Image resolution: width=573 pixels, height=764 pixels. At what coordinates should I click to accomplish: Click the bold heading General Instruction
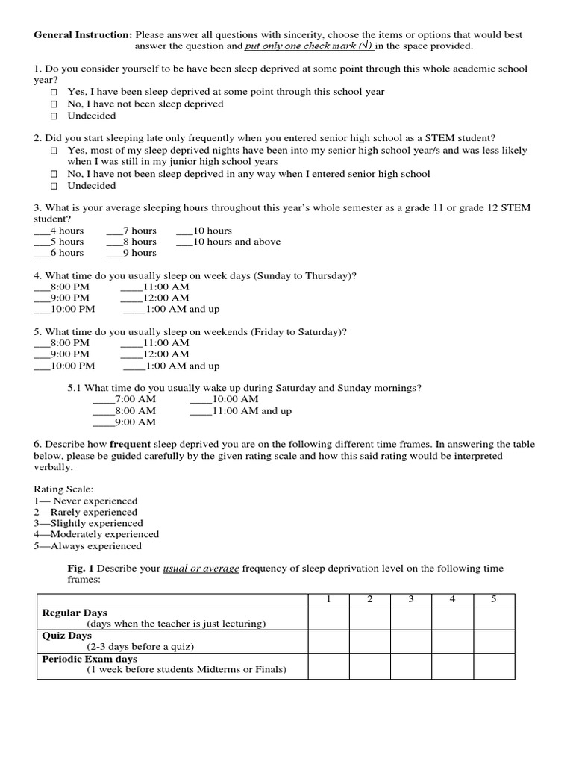(83, 35)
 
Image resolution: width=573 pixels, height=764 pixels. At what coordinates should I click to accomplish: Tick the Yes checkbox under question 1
(54, 92)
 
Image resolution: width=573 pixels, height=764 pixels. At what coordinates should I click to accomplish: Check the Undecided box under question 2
(54, 187)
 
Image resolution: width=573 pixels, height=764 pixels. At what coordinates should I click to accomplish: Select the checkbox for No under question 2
(54, 175)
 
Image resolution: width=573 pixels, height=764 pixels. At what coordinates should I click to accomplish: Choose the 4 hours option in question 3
(58, 231)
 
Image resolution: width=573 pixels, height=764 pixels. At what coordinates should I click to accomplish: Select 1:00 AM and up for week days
(171, 310)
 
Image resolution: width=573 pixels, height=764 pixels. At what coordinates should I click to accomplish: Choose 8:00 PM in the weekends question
(61, 343)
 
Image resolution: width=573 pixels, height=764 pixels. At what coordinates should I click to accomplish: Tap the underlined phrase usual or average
(201, 569)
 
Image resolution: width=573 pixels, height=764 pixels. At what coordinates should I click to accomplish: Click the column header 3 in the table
(411, 600)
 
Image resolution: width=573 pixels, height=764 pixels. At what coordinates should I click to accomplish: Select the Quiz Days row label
(67, 636)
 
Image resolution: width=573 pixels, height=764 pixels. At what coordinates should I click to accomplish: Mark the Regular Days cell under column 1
(329, 619)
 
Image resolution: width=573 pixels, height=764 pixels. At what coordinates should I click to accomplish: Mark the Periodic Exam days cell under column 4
(452, 666)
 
